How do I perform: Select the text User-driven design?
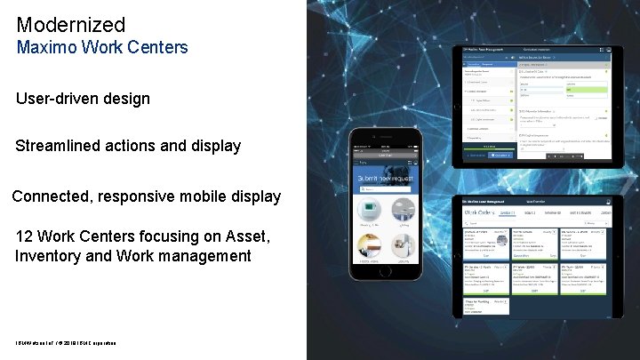(83, 98)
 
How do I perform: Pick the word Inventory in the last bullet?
(51, 256)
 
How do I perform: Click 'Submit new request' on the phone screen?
(384, 180)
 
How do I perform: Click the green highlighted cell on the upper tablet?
(587, 90)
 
